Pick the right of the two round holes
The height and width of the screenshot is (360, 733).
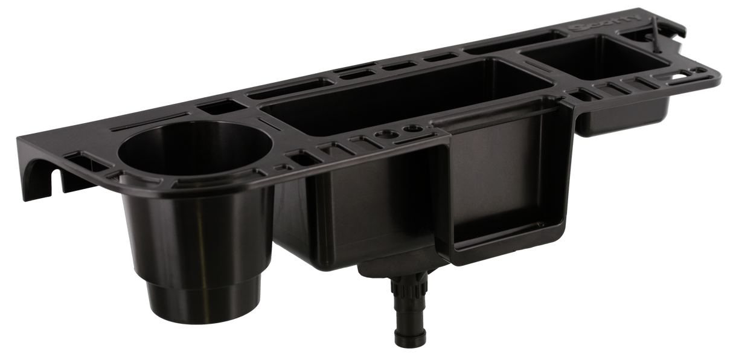pyautogui.click(x=412, y=129)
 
